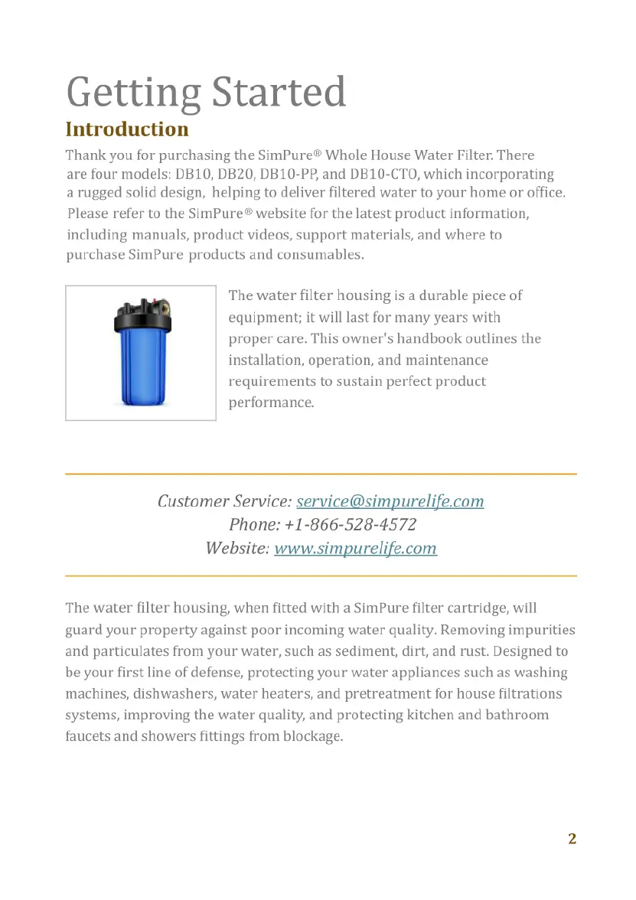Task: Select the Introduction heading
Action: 127,129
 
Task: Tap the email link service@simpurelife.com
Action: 390,501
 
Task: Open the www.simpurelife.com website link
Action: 355,548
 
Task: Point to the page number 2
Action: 572,838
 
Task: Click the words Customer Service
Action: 223,501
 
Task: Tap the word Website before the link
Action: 236,548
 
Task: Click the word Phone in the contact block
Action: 253,525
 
